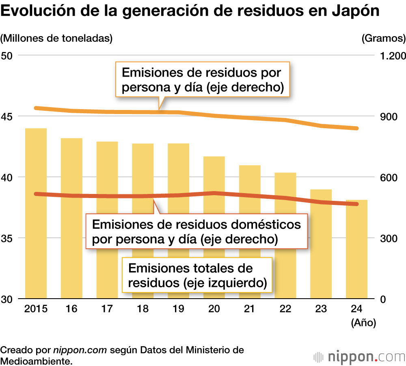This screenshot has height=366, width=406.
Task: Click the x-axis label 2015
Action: [x=36, y=309]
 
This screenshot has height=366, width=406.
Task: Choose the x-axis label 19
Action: [x=178, y=309]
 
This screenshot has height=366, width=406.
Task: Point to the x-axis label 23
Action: [x=321, y=309]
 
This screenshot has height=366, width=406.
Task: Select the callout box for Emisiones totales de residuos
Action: [x=197, y=276]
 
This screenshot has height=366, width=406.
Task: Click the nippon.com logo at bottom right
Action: [x=360, y=357]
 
